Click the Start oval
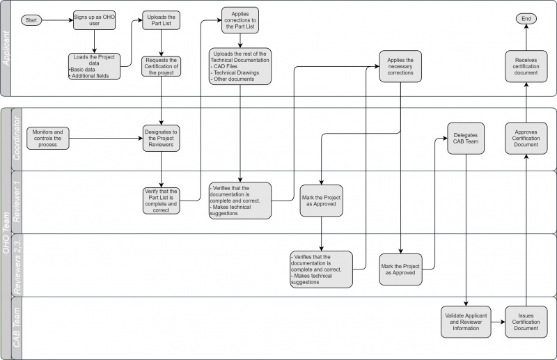(x=31, y=20)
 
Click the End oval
(x=526, y=19)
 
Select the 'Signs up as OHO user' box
(x=93, y=19)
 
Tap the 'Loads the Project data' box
(x=94, y=67)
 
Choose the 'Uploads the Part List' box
(x=161, y=20)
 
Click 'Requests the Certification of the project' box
(x=161, y=66)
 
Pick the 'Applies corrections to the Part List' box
(x=240, y=21)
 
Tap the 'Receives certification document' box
(x=526, y=67)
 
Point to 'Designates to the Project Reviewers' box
(x=161, y=136)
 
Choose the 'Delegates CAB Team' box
(x=465, y=136)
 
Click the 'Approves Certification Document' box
(x=526, y=136)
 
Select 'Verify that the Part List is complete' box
(x=161, y=201)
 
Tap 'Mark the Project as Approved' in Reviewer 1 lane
(x=320, y=201)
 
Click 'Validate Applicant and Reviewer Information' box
(x=465, y=322)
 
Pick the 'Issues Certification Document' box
(x=526, y=322)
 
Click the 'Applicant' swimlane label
(x=6, y=49)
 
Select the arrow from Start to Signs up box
(x=58, y=20)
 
